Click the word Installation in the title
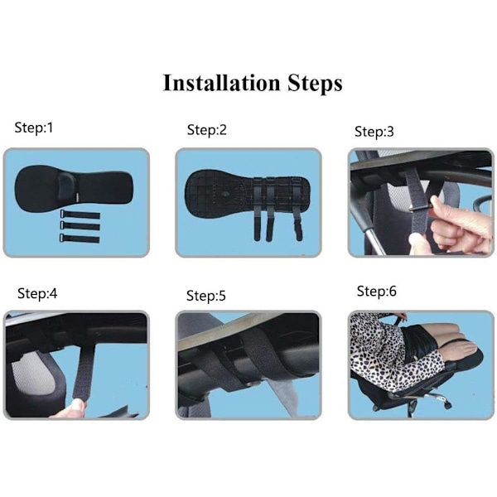coord(221,83)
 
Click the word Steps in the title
coord(315,84)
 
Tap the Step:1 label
coord(34,128)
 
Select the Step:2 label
coord(206,130)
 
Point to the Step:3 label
coord(374,132)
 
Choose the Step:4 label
coord(37,293)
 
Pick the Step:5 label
coord(206,296)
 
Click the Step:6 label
coord(377,291)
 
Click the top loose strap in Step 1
coord(80,215)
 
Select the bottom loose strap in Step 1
coord(80,239)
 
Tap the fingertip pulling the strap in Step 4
coord(79,404)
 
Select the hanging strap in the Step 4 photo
coord(83,371)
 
